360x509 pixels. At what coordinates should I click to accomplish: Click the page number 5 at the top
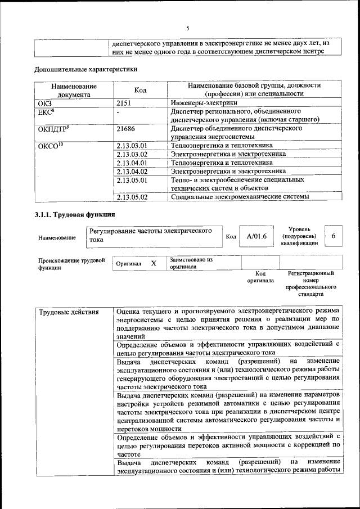click(x=188, y=28)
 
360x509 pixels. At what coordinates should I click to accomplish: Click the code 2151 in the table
click(x=125, y=103)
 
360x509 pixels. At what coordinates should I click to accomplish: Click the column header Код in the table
click(x=141, y=90)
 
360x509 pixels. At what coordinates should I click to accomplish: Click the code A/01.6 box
click(x=256, y=237)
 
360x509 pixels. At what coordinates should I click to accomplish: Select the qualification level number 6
click(x=334, y=236)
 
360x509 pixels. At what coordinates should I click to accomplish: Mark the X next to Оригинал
click(x=152, y=263)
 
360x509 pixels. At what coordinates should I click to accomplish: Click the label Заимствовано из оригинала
click(x=191, y=263)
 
